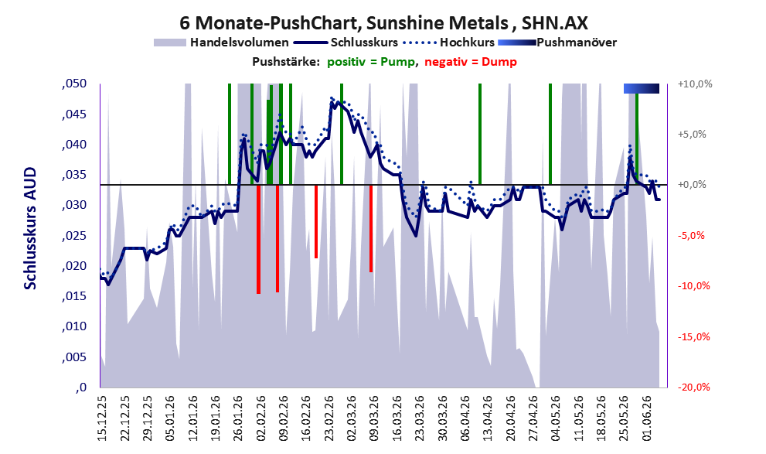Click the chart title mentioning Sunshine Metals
tap(383, 22)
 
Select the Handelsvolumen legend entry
tap(221, 43)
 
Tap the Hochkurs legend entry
tap(449, 43)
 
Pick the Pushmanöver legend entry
tap(557, 43)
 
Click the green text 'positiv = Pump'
tap(372, 62)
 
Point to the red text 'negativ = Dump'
tap(471, 62)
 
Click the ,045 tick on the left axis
tap(74, 114)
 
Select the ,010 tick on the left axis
tap(74, 326)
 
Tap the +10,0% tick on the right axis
tap(695, 84)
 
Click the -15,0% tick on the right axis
tap(693, 336)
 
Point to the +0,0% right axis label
tap(692, 185)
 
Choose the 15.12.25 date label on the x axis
tap(102, 420)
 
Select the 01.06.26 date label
tap(646, 420)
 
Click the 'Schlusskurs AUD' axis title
tap(30, 228)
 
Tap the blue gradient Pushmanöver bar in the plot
tap(642, 88)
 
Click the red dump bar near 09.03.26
tap(371, 228)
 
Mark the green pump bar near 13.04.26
tap(480, 135)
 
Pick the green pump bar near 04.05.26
tap(550, 135)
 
